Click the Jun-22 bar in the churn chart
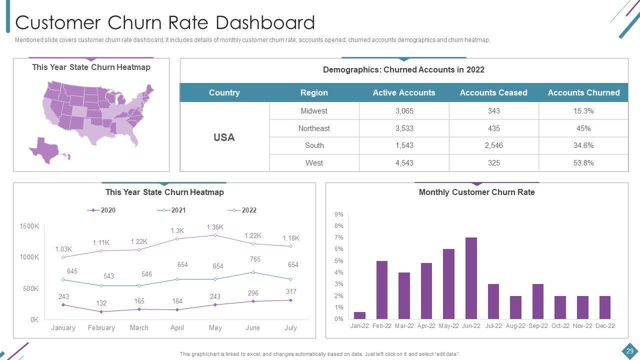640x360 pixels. (471, 278)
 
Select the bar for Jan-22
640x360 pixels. (359, 315)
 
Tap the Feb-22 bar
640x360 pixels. (382, 290)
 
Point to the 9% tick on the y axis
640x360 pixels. (339, 214)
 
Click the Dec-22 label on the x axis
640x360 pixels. (604, 326)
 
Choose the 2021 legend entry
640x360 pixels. (172, 210)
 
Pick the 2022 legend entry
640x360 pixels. (242, 210)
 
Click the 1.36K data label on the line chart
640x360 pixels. (215, 227)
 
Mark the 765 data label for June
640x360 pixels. (255, 259)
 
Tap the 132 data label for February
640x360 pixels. (101, 303)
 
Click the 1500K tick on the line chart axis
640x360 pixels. (29, 226)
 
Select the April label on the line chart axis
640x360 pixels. (177, 328)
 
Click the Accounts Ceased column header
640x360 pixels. (493, 92)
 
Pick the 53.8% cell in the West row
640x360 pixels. (583, 163)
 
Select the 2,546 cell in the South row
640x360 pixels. (493, 145)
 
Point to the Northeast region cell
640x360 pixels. (314, 128)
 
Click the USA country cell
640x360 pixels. (224, 137)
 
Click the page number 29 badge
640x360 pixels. (629, 351)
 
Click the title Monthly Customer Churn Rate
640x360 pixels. (476, 192)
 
